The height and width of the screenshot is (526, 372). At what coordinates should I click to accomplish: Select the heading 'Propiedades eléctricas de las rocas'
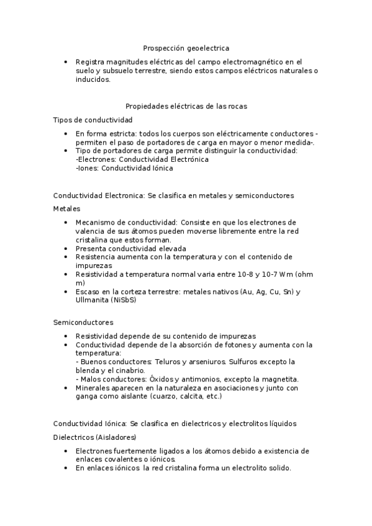tap(186, 106)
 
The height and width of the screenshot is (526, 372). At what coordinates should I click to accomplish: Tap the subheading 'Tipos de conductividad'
tap(93, 120)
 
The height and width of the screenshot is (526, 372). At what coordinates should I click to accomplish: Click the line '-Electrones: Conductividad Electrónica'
tap(142, 159)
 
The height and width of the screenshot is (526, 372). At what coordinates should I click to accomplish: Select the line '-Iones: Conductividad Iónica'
tap(124, 168)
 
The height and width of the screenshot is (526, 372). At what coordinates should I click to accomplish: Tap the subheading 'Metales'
tap(66, 209)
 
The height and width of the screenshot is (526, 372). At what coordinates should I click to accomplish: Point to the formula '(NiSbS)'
tap(124, 300)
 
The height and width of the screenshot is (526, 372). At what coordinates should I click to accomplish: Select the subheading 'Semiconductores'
tap(83, 323)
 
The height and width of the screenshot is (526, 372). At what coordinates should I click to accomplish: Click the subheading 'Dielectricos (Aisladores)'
tap(94, 437)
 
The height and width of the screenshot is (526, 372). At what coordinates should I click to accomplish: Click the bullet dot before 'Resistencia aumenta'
tap(66, 257)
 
